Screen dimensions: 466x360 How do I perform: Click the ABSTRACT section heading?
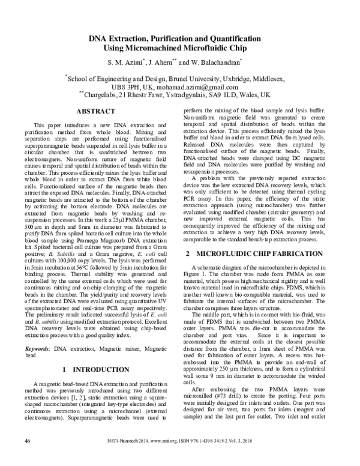(95, 112)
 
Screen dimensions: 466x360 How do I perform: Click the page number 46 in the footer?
(27, 457)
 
